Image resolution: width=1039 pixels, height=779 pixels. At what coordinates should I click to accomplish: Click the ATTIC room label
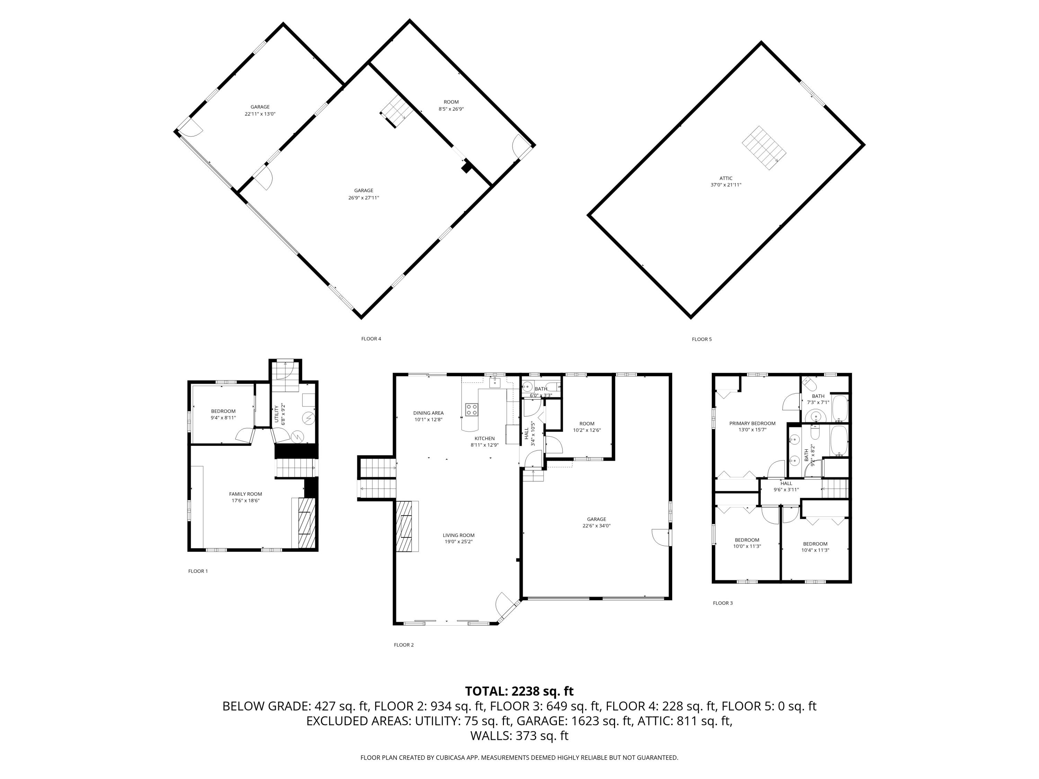(x=726, y=178)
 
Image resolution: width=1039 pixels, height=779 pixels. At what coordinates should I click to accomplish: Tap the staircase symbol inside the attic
(x=764, y=147)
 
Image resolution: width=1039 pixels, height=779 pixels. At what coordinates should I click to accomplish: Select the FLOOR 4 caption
(x=371, y=339)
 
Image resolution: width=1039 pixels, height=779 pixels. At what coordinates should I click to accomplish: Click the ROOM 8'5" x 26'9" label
(x=451, y=102)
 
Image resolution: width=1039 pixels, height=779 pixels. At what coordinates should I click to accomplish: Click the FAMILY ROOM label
(x=245, y=494)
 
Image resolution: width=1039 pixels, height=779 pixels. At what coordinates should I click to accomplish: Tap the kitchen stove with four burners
(x=472, y=410)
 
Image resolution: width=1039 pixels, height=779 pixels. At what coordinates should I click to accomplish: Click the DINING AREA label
(x=428, y=413)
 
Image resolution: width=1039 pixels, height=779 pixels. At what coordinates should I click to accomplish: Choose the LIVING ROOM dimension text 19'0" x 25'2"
(x=459, y=541)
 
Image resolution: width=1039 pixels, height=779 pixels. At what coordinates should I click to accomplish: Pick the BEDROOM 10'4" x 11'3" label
(x=815, y=544)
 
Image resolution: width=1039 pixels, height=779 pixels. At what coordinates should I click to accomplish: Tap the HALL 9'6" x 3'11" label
(x=786, y=483)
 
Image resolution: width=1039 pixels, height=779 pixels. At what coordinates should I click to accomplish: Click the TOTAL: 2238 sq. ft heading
(x=519, y=691)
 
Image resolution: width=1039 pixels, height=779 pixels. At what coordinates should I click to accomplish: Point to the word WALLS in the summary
(x=490, y=736)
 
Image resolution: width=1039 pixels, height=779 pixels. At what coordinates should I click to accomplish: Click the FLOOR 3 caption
(x=722, y=603)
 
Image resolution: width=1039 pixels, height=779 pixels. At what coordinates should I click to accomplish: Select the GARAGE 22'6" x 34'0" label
(x=596, y=519)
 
